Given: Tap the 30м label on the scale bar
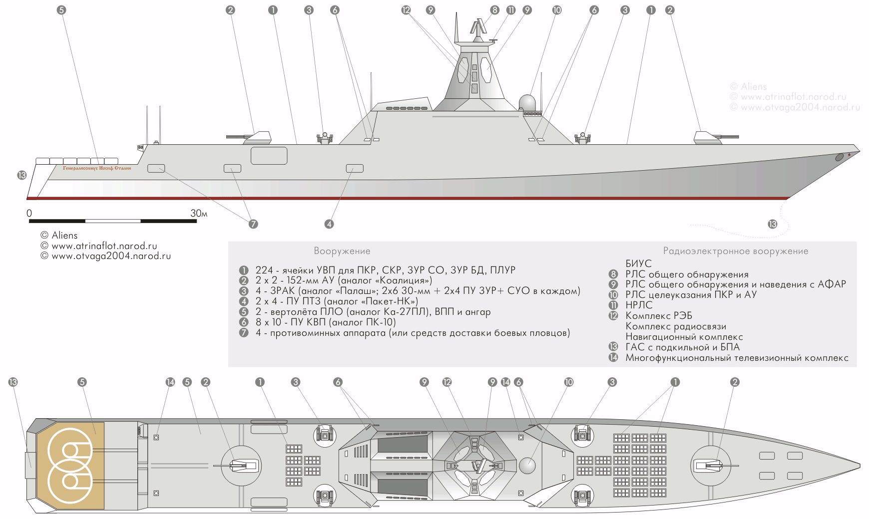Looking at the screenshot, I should (198, 213).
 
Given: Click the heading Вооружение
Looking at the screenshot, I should (342, 251).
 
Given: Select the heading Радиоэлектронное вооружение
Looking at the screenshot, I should (735, 251).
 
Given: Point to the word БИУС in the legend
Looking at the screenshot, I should (638, 264).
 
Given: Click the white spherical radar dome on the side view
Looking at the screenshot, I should (528, 103).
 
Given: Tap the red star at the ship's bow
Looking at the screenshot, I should (849, 155).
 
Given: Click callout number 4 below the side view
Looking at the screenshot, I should (329, 224).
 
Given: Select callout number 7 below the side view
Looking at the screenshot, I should (253, 224).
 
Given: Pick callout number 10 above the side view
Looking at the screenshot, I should (557, 10).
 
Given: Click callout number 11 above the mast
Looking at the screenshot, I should (510, 10).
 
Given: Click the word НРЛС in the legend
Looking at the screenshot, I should (638, 305).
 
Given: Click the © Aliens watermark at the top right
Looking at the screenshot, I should (748, 87).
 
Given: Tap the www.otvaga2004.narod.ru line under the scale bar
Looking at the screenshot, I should (106, 256).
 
